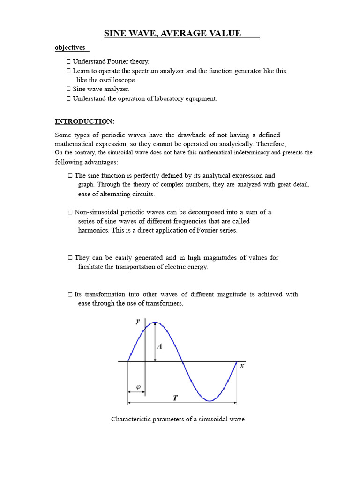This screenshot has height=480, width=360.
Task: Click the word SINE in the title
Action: point(114,33)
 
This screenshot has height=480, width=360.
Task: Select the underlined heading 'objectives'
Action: point(70,47)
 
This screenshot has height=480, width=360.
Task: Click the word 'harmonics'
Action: point(93,230)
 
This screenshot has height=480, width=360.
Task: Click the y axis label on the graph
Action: point(138,321)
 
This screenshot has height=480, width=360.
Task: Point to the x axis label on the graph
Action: point(242,365)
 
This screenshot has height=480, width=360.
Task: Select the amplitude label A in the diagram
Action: point(159,346)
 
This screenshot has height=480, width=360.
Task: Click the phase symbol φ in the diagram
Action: point(138,387)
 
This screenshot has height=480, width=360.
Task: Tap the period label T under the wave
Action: point(175,398)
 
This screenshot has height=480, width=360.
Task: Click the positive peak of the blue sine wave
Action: point(156,322)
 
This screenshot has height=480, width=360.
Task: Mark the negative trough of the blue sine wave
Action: point(210,400)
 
